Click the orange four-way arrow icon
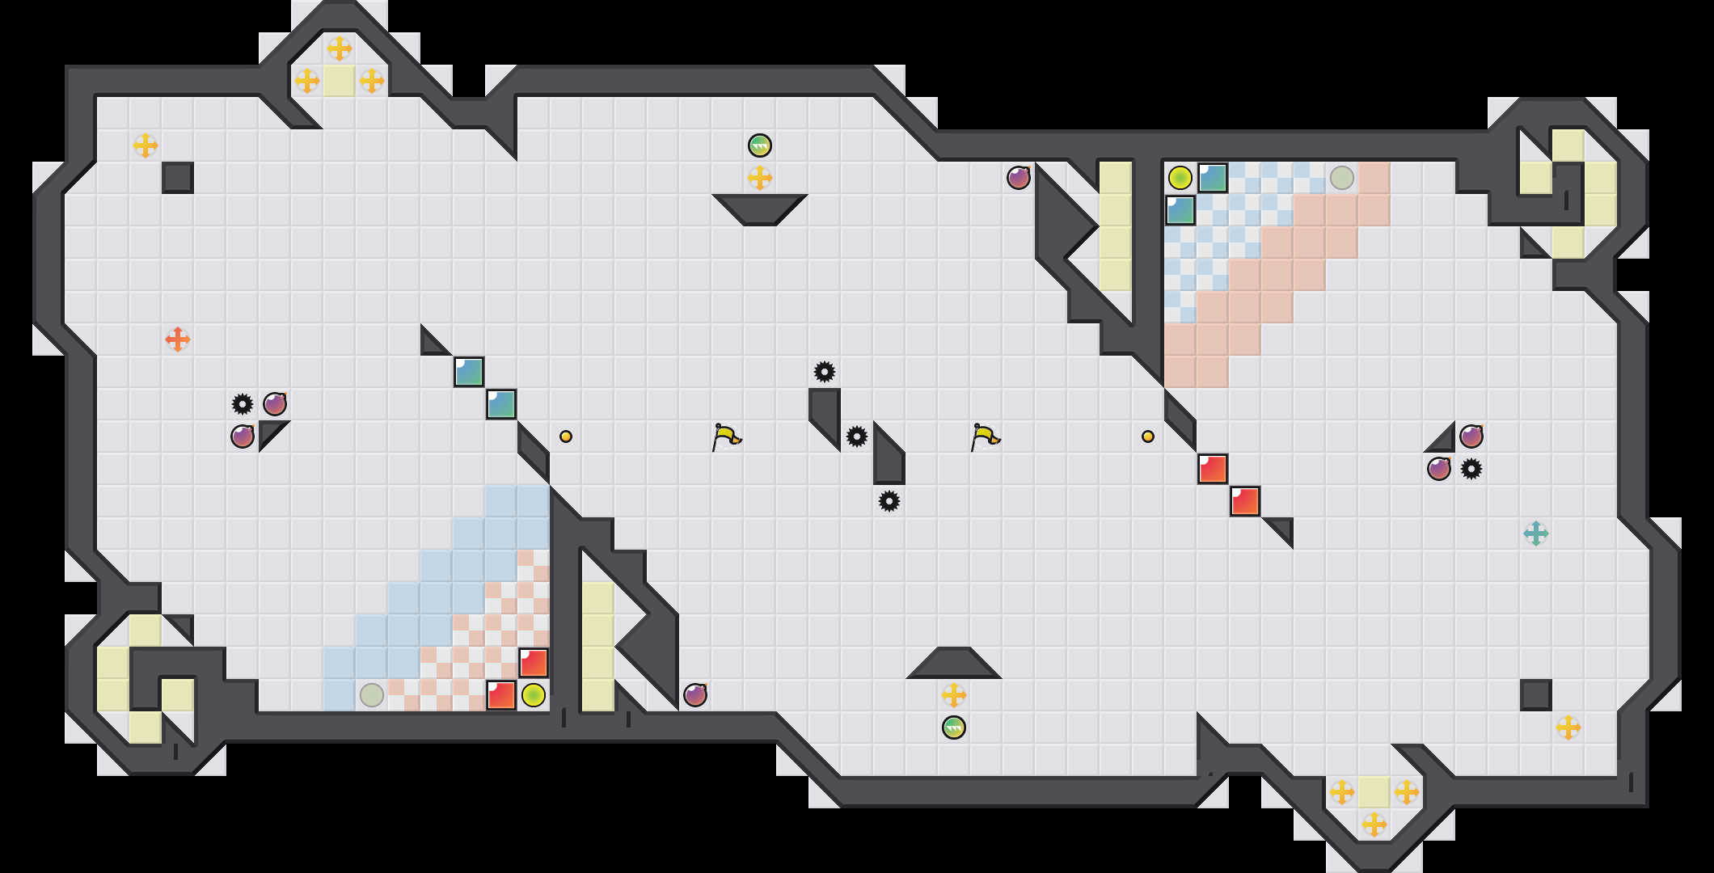pyautogui.click(x=178, y=339)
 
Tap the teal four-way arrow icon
pyautogui.click(x=1536, y=533)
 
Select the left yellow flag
pyautogui.click(x=726, y=436)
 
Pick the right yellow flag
pyautogui.click(x=985, y=436)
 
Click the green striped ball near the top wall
pyautogui.click(x=760, y=145)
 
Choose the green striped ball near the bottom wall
pyautogui.click(x=954, y=727)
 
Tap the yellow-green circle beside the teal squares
pyautogui.click(x=1180, y=178)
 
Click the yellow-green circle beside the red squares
pyautogui.click(x=534, y=695)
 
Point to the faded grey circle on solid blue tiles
pyautogui.click(x=372, y=695)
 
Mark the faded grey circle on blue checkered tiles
pyautogui.click(x=1342, y=178)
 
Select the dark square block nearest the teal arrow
pyautogui.click(x=1536, y=695)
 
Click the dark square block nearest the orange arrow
pyautogui.click(x=178, y=178)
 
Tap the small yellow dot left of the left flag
pyautogui.click(x=566, y=436)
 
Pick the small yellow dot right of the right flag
pyautogui.click(x=1148, y=436)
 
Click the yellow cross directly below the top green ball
pyautogui.click(x=760, y=178)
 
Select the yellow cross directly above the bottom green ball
pyautogui.click(x=954, y=695)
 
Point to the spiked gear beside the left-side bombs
pyautogui.click(x=243, y=404)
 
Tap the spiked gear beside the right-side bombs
pyautogui.click(x=1471, y=469)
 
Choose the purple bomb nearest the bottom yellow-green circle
pyautogui.click(x=695, y=695)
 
